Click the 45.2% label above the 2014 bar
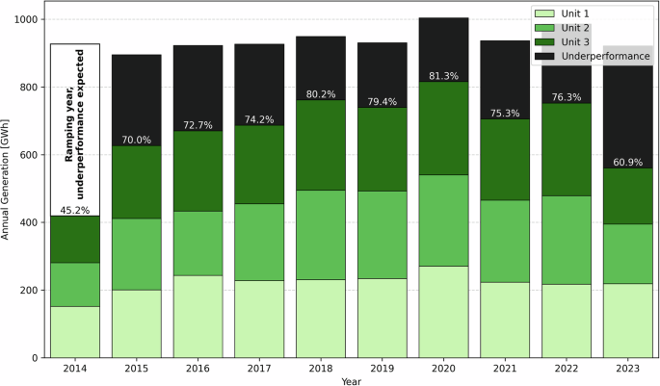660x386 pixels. (75, 209)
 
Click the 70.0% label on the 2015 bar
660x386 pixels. (137, 140)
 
